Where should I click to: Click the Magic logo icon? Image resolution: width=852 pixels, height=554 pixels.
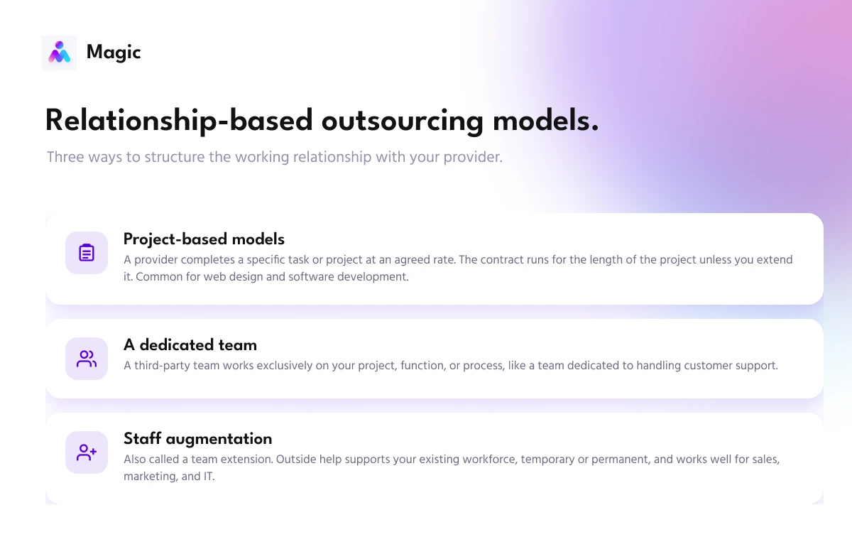(x=59, y=53)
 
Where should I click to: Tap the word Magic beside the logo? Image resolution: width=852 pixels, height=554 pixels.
(x=114, y=53)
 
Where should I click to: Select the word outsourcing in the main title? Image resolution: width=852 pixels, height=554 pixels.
(x=403, y=121)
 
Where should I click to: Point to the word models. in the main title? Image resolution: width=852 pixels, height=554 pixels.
(x=546, y=121)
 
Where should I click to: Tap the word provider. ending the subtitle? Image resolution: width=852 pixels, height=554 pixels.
(x=473, y=158)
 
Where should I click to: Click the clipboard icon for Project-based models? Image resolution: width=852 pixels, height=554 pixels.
(x=87, y=253)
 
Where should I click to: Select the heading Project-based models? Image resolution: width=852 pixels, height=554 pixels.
(x=204, y=239)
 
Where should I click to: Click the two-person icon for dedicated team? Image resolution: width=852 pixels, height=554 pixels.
(x=87, y=359)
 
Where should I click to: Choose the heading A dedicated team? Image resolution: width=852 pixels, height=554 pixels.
(x=190, y=344)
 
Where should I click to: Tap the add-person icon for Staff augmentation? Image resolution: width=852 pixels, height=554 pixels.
(x=87, y=452)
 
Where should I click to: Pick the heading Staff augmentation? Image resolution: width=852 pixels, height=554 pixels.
(x=198, y=439)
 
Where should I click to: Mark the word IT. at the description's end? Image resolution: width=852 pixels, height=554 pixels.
(x=209, y=477)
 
